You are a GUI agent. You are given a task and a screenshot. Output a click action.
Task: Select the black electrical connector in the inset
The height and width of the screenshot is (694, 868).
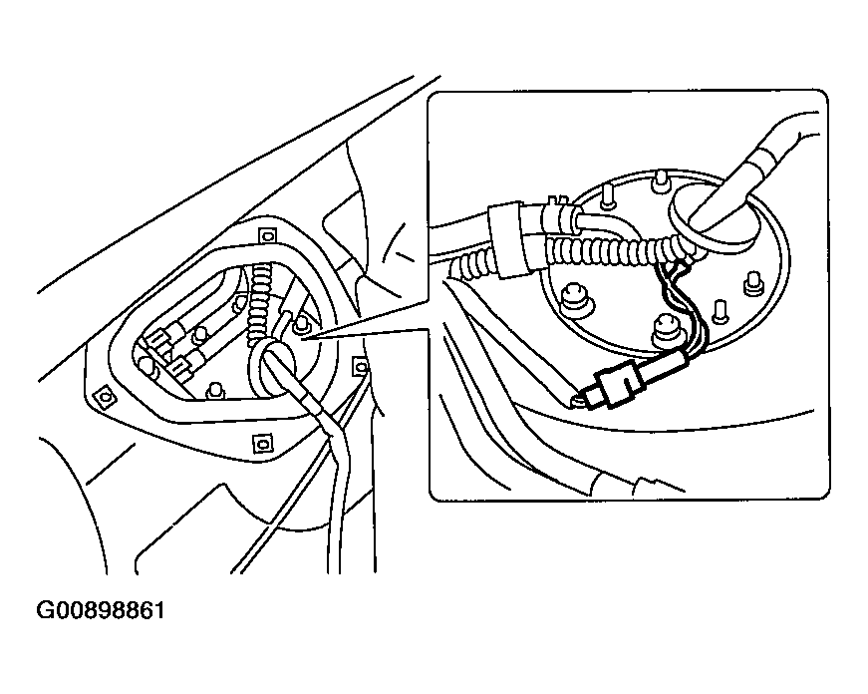(x=616, y=384)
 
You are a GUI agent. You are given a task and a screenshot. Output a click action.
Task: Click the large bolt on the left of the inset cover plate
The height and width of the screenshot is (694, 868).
(x=574, y=299)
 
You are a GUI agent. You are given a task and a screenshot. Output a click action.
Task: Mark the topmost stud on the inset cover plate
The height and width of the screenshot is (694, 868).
(x=660, y=183)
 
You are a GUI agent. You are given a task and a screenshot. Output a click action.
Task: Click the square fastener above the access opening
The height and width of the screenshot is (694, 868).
(x=264, y=235)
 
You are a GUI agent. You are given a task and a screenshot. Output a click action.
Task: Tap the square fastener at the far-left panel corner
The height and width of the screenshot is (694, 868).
(x=101, y=399)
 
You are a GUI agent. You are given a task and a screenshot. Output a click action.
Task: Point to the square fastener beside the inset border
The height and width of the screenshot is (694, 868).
(x=360, y=368)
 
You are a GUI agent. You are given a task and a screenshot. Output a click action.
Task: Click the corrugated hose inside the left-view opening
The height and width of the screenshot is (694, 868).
(x=261, y=299)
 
